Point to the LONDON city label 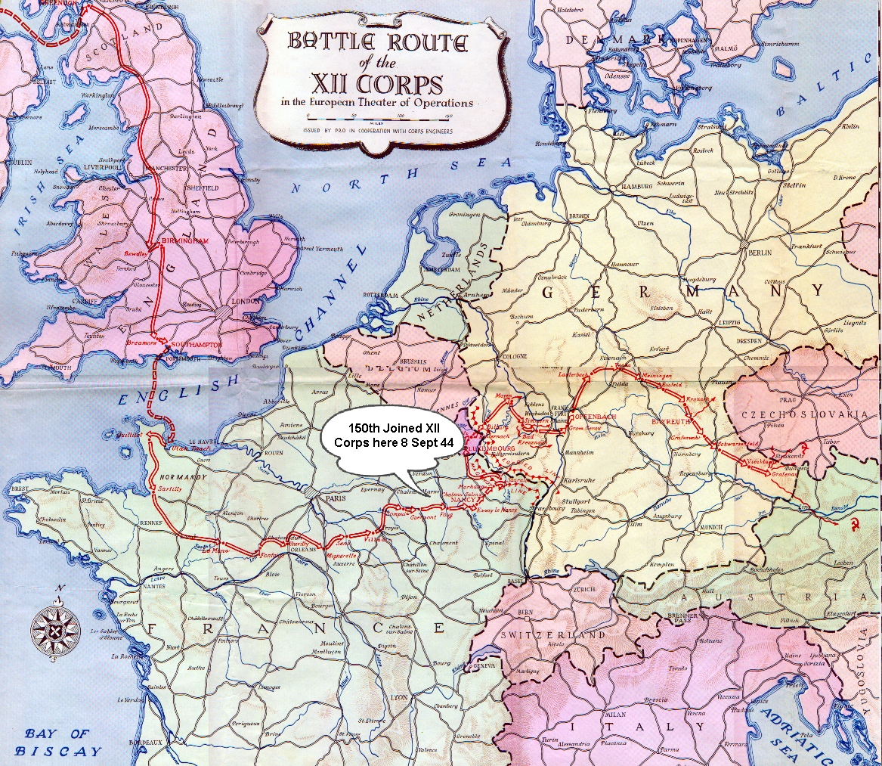point(249,300)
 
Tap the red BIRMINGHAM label point(186,240)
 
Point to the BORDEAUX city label point(150,743)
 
